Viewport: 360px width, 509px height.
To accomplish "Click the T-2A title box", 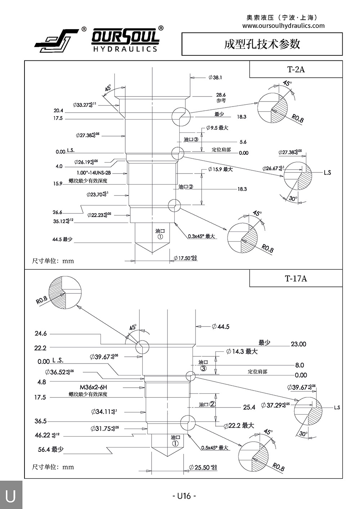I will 296,69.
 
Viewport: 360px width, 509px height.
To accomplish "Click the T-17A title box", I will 296,279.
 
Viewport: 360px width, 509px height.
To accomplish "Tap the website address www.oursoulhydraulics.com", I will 283,26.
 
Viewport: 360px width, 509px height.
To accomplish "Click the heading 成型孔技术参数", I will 262,44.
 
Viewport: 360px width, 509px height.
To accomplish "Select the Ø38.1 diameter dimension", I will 215,77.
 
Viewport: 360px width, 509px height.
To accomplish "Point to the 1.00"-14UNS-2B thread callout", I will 94,173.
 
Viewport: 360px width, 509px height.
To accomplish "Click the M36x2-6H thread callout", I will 94,387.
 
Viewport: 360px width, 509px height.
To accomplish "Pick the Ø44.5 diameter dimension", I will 221,327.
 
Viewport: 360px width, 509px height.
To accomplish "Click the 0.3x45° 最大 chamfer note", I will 201,237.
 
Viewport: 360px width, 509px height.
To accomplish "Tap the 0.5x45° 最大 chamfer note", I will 215,448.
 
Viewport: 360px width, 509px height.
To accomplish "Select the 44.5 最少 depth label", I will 62,239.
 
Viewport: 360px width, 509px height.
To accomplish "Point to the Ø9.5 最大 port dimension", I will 217,128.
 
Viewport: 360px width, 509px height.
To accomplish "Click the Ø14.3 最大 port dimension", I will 242,351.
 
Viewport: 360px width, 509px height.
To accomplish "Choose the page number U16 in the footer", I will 184,496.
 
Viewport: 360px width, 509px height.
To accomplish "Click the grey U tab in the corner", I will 11,495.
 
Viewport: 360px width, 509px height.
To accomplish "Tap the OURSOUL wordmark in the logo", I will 125,37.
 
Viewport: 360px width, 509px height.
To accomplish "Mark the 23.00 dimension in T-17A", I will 298,344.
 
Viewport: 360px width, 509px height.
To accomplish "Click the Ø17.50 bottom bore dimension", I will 185,258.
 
